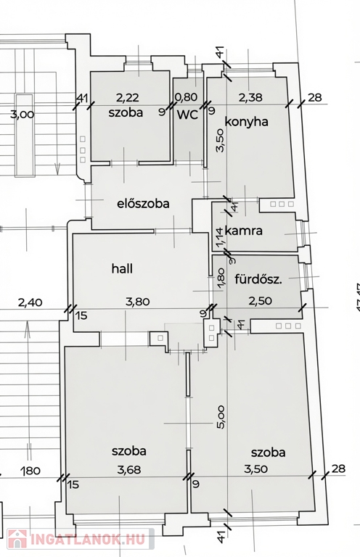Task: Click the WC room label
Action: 188,115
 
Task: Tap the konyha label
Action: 246,122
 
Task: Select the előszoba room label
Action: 143,204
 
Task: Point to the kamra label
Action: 244,231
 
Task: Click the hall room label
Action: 122,268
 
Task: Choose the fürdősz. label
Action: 258,279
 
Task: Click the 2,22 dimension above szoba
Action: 128,97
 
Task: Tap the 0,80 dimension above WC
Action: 187,97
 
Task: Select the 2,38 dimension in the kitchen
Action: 250,97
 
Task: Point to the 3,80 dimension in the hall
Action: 138,302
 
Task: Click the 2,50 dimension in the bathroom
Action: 260,301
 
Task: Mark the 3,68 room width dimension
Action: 129,470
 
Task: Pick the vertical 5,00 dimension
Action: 221,418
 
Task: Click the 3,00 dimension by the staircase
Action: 22,115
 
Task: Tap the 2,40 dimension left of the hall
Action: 30,302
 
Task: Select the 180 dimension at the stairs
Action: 30,471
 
